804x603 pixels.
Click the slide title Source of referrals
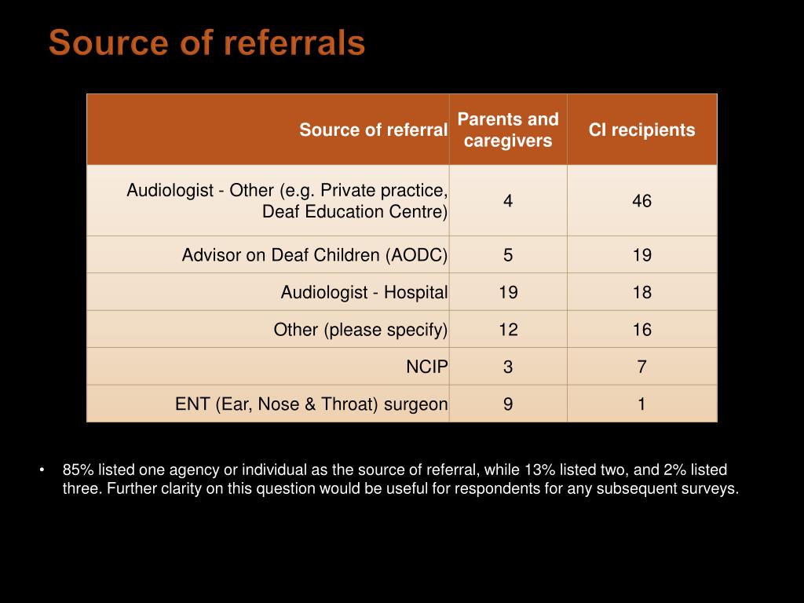(x=206, y=43)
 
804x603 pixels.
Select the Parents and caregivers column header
(x=508, y=130)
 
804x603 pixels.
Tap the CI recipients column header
(x=641, y=130)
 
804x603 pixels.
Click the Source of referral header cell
(x=373, y=130)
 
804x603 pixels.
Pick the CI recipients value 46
(x=641, y=201)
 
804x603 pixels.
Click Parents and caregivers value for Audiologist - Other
(x=508, y=201)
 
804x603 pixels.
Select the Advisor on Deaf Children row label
(x=314, y=255)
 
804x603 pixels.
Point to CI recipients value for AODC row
(x=641, y=255)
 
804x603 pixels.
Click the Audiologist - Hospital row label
(x=364, y=293)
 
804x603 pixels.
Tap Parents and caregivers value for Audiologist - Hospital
(x=508, y=293)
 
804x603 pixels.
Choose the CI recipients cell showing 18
(x=641, y=293)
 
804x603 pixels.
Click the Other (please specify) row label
(x=360, y=330)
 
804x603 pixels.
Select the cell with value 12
(x=508, y=330)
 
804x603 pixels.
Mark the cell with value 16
(x=641, y=330)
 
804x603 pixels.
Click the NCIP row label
(x=427, y=367)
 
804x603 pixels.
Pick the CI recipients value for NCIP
(x=641, y=367)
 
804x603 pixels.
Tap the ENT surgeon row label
(x=311, y=404)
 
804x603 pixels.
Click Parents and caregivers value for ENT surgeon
(x=508, y=404)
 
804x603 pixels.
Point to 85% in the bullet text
(x=78, y=470)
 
